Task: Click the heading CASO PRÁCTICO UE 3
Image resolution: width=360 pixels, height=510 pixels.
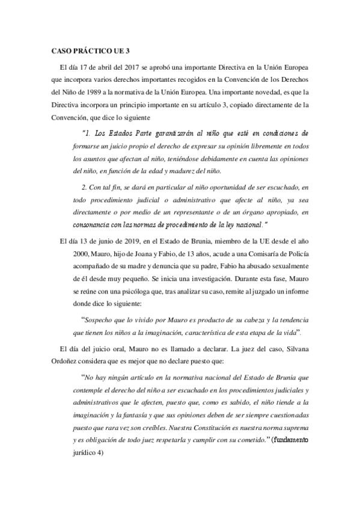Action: [x=88, y=51]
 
